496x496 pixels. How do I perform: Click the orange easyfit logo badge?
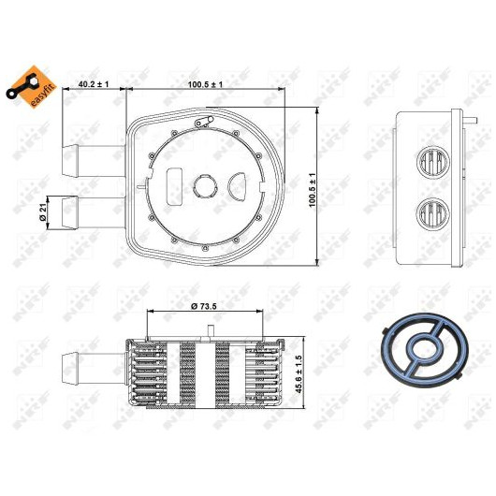[31, 86]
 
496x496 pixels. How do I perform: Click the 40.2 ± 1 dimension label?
[94, 84]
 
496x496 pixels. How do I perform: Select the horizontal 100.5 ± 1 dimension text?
[205, 84]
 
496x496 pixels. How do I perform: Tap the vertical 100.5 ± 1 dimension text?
[313, 190]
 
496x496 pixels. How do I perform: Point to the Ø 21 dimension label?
[43, 212]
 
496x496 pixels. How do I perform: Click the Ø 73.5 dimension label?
[204, 306]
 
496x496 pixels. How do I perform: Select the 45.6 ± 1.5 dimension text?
[299, 374]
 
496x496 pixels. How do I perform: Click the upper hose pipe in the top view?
[94, 161]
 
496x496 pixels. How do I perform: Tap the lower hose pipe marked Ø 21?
[94, 212]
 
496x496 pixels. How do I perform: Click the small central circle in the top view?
[205, 187]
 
